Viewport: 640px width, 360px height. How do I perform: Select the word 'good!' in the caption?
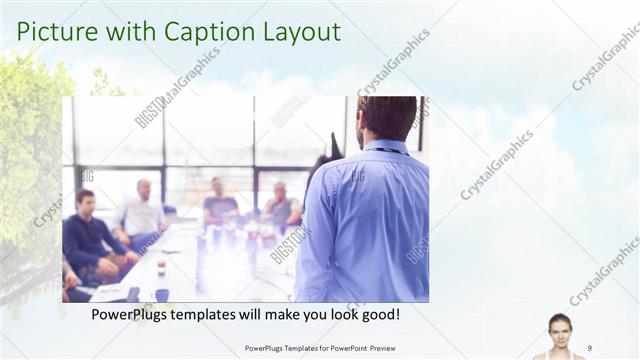click(x=377, y=314)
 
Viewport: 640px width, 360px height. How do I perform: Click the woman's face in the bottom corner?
click(x=559, y=328)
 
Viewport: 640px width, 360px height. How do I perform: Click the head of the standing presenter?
click(x=386, y=116)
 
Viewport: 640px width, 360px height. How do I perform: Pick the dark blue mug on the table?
click(x=161, y=294)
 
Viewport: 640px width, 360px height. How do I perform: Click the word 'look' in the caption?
click(x=338, y=314)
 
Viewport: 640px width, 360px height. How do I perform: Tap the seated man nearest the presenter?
click(x=283, y=205)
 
